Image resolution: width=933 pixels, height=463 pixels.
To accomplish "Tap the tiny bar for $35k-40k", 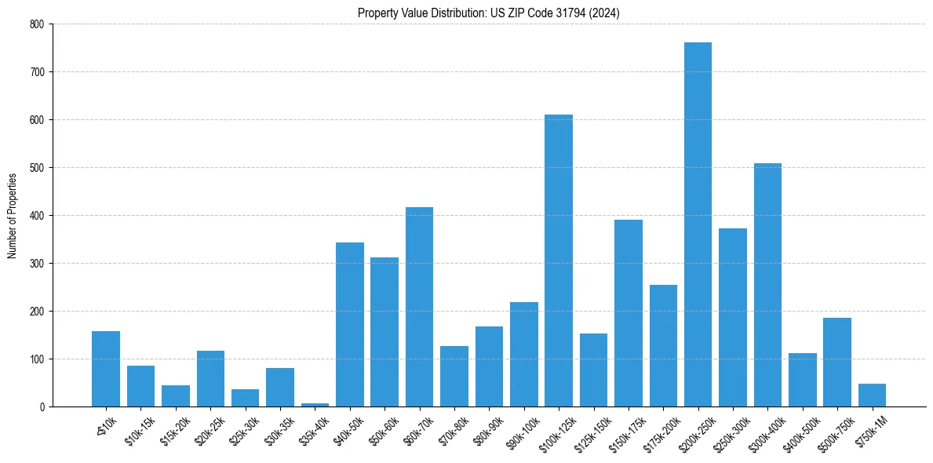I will coord(315,405).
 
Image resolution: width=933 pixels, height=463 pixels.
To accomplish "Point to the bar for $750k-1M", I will coord(872,396).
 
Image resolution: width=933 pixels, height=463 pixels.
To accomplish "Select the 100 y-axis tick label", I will coord(38,359).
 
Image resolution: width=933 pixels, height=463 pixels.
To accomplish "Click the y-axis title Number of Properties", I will coord(12,216).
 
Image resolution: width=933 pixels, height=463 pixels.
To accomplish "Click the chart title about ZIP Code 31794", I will coord(488,13).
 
